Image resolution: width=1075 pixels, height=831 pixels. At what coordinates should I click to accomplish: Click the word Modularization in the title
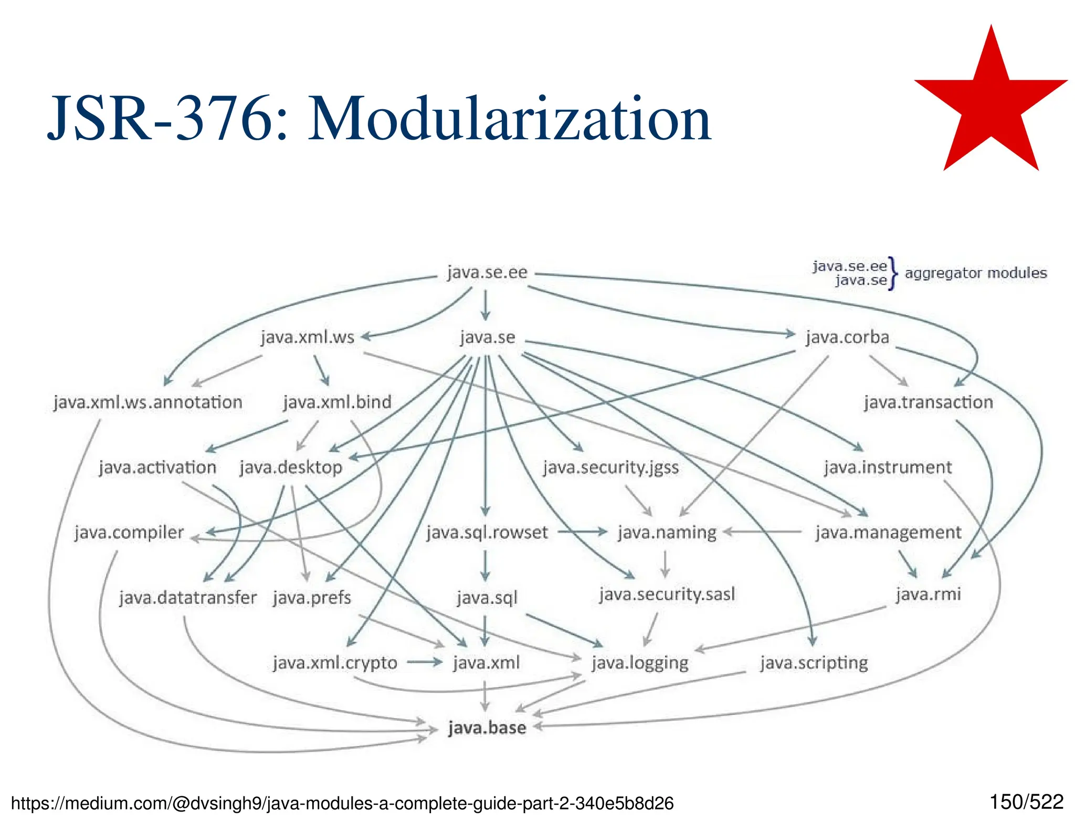tap(509, 119)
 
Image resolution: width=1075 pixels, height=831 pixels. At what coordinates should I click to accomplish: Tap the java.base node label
tap(487, 728)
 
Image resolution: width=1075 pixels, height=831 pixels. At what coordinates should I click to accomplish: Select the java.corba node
tap(847, 337)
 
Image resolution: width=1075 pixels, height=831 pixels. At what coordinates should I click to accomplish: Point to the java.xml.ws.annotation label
tap(148, 402)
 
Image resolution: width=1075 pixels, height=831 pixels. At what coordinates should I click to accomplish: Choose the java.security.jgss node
tap(611, 468)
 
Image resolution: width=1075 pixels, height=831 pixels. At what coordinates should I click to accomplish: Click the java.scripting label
tap(814, 663)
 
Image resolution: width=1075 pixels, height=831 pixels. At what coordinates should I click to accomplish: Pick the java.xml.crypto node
tap(335, 663)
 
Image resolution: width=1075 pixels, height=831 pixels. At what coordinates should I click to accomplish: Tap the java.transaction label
tap(928, 402)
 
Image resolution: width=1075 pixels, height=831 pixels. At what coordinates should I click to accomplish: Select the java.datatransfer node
tap(187, 598)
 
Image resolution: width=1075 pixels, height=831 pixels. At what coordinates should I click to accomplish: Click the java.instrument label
tap(888, 468)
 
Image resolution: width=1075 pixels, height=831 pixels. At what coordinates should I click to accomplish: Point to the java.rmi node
tap(928, 595)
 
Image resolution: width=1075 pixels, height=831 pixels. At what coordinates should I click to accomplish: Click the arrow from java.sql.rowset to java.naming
tap(582, 532)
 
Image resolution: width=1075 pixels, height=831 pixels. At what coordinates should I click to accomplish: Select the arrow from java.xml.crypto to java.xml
tap(425, 662)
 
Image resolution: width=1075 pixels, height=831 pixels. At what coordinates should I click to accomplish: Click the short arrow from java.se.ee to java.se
tap(486, 305)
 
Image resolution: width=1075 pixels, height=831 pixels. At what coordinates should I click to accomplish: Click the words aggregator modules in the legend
tap(975, 273)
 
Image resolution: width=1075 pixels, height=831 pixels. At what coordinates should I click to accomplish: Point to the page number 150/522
tap(1026, 802)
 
